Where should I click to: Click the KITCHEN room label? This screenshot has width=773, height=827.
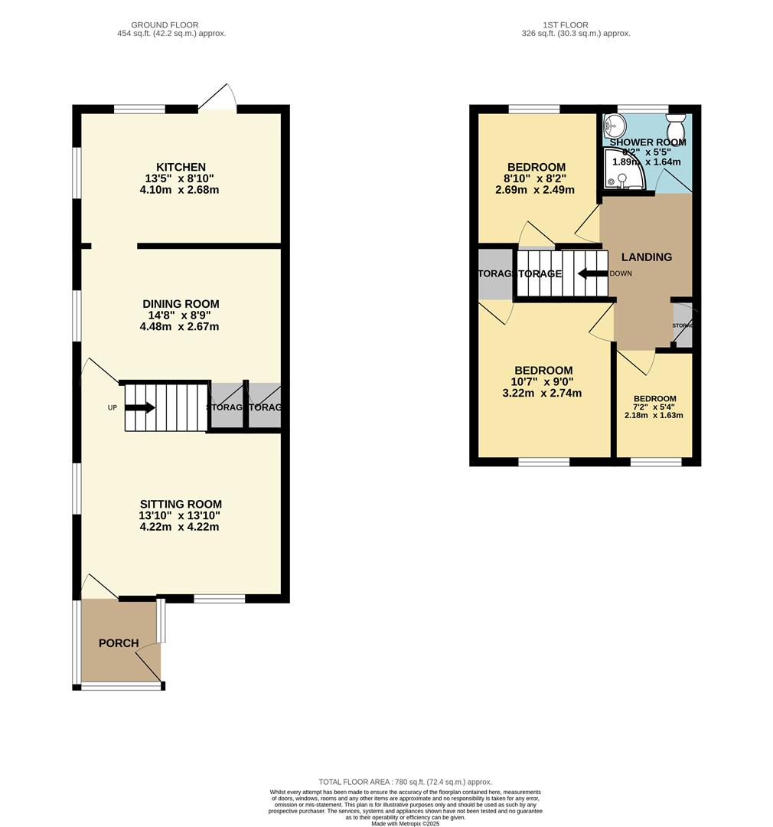click(181, 167)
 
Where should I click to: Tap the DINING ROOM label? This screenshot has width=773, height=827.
click(179, 303)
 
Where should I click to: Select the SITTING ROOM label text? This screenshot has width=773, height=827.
click(181, 504)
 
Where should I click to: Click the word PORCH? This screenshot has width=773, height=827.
click(119, 642)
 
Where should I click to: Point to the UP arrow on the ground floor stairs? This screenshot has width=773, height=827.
click(139, 407)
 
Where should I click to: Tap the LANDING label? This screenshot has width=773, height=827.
click(647, 257)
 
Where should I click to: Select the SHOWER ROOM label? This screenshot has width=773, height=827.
click(647, 142)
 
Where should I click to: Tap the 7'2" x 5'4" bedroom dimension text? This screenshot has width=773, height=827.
click(654, 407)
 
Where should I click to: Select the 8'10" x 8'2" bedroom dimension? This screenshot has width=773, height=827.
click(536, 178)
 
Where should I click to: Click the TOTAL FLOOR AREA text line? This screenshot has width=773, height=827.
click(405, 782)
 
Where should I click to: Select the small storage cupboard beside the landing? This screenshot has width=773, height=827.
click(682, 325)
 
